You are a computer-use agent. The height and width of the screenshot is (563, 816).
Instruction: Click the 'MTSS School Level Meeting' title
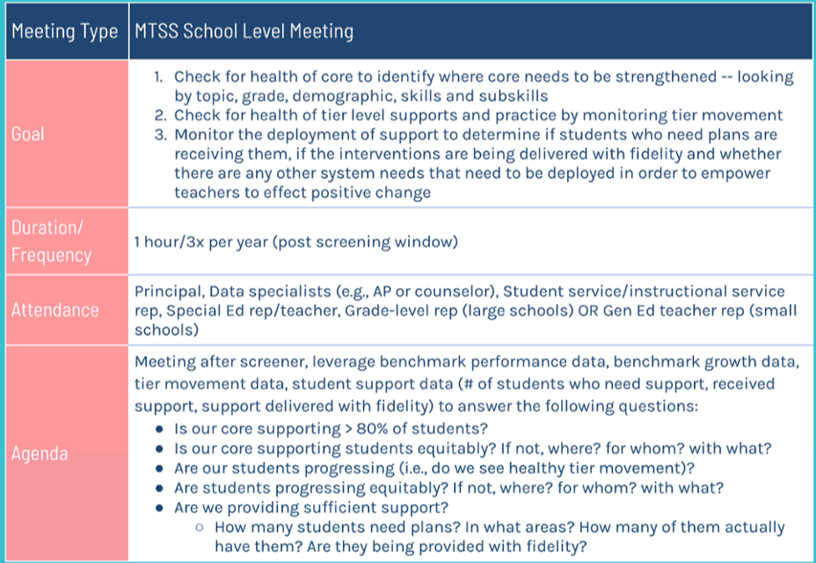click(244, 32)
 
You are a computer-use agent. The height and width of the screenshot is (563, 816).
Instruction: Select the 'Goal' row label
click(27, 134)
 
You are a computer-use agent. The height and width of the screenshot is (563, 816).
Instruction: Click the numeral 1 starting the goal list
click(158, 77)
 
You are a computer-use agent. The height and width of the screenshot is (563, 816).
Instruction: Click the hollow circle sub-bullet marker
click(200, 528)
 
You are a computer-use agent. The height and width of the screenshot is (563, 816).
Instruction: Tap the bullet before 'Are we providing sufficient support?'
click(160, 508)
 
